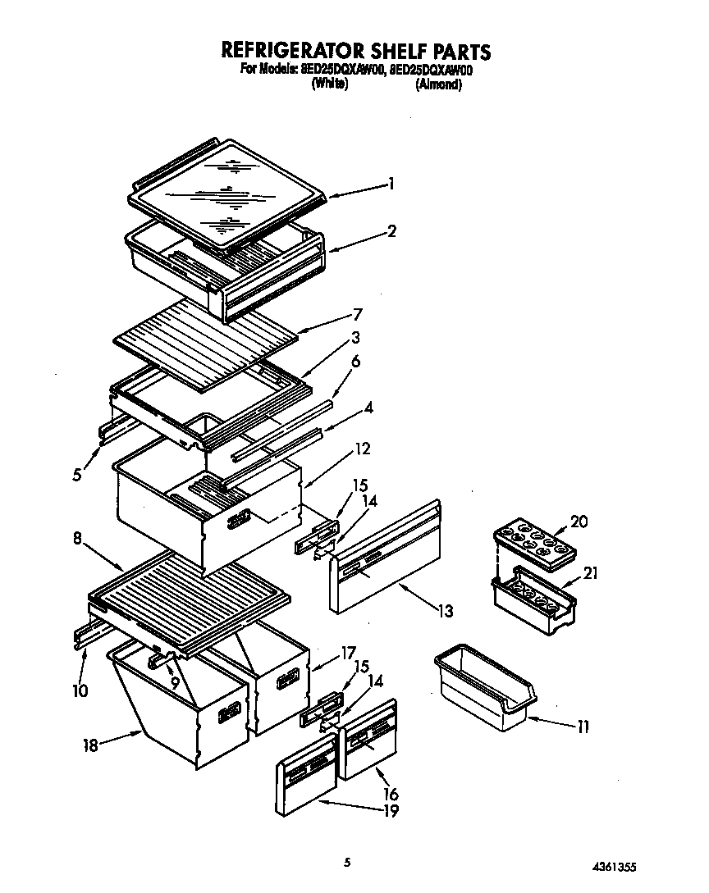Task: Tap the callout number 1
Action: point(391,185)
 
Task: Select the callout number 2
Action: point(391,232)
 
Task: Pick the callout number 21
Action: point(590,573)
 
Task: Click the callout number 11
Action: point(582,727)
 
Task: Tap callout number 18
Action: point(91,745)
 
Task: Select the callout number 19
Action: point(391,811)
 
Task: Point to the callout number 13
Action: point(446,611)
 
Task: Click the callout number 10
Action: point(80,690)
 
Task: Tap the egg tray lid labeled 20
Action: point(533,542)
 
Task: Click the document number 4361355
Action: point(613,866)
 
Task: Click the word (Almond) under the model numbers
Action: point(438,84)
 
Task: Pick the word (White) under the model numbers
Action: point(330,84)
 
